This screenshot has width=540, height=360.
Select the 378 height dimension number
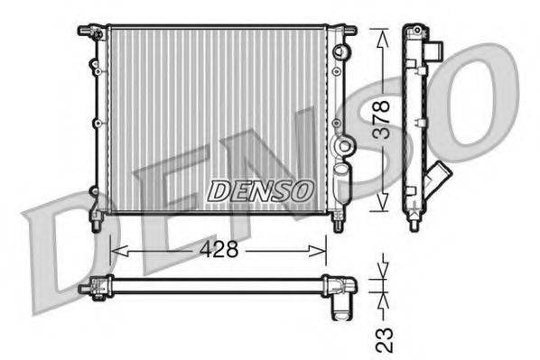point(383,117)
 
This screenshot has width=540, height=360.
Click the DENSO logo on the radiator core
point(259,190)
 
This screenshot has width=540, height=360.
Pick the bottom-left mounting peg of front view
point(96,219)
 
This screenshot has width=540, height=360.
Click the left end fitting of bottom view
point(90,287)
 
